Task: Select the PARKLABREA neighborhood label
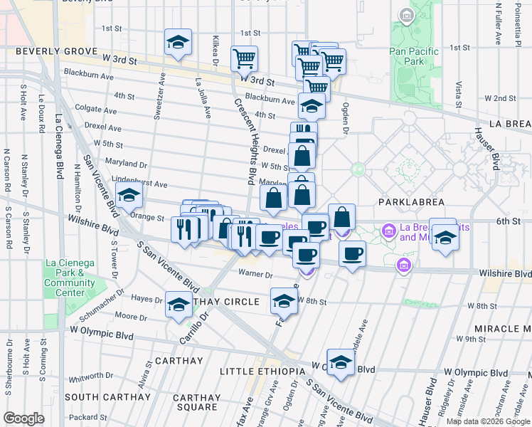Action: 412,202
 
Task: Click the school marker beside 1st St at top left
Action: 178,42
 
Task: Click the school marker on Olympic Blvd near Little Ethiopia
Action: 341,362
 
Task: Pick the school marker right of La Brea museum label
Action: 445,237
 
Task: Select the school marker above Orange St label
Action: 129,195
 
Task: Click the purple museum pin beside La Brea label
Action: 388,231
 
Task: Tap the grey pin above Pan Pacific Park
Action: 406,15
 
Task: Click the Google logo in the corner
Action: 23,418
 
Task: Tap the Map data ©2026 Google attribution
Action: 487,421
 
